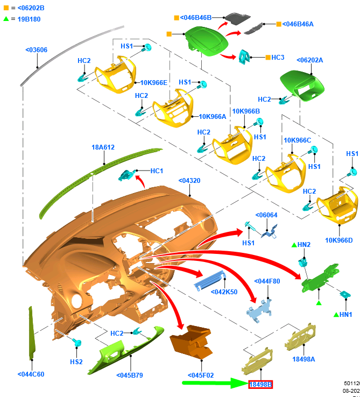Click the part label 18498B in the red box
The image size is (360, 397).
tap(260, 384)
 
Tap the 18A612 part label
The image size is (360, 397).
tap(103, 147)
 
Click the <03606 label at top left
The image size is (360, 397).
tap(36, 50)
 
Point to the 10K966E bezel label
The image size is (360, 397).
tap(153, 82)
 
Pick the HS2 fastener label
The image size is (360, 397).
tap(76, 361)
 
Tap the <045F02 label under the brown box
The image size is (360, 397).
tap(201, 375)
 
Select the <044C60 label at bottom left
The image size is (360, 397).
tap(31, 374)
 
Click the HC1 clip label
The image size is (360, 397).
tap(157, 171)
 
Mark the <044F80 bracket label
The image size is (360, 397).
tap(267, 281)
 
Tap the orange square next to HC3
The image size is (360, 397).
tap(267, 57)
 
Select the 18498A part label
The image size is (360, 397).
tap(303, 359)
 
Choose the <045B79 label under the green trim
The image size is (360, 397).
tap(130, 375)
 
